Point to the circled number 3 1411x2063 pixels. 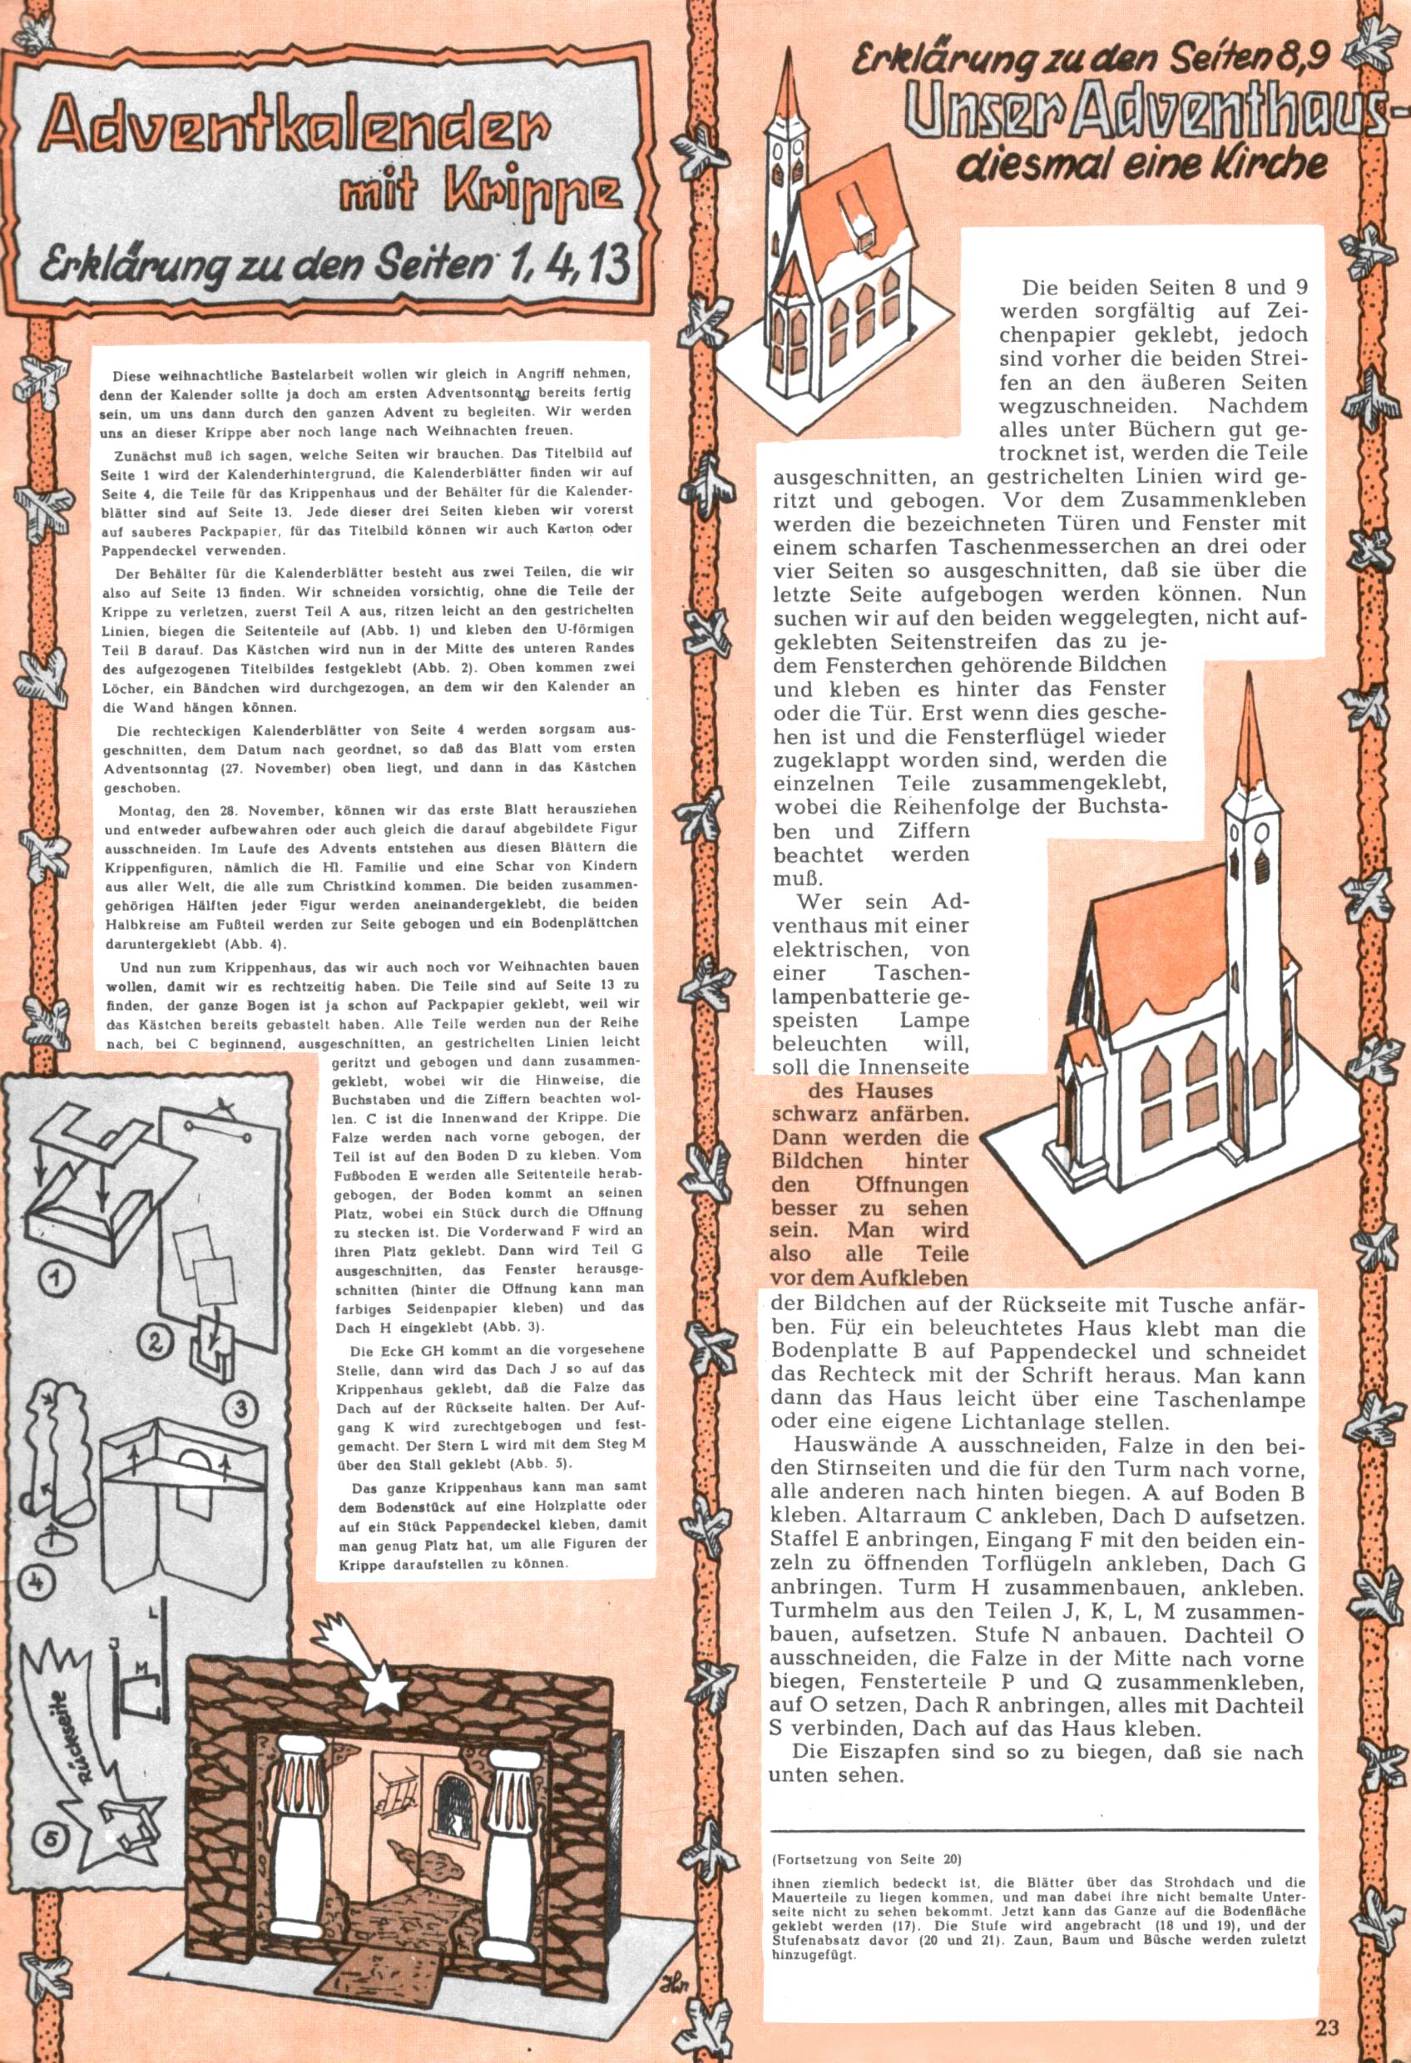pyautogui.click(x=245, y=1407)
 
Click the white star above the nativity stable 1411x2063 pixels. pyautogui.click(x=384, y=1676)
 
